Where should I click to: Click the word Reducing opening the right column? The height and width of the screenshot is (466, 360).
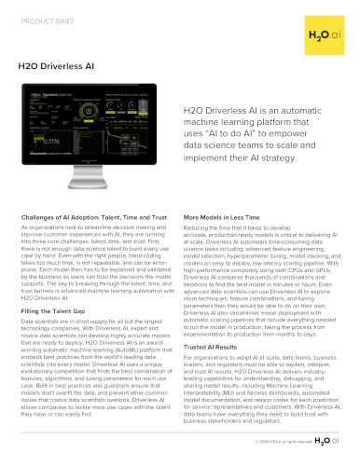pos(199,226)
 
